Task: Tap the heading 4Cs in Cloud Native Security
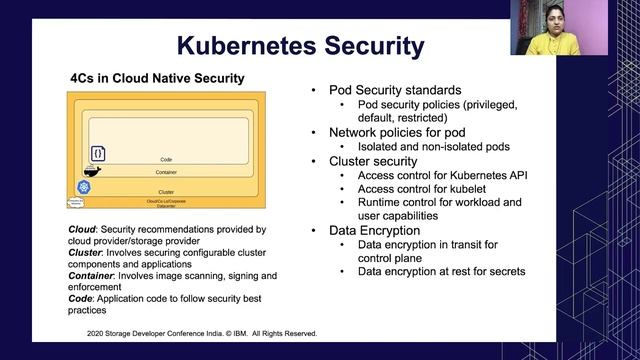(157, 77)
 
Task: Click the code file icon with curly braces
(98, 153)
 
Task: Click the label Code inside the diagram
(166, 159)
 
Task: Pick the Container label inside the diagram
(166, 172)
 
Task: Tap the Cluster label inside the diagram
(166, 191)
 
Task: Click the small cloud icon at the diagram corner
(75, 202)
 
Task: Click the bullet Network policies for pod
(397, 132)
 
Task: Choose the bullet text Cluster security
(373, 160)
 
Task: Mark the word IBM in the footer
(240, 333)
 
